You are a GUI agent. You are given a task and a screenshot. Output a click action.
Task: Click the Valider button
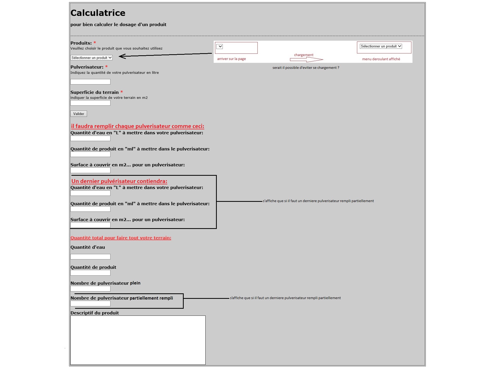pyautogui.click(x=78, y=114)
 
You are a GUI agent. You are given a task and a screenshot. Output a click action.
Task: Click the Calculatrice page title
pyautogui.click(x=98, y=13)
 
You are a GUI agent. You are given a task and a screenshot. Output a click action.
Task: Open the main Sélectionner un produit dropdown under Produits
pyautogui.click(x=91, y=58)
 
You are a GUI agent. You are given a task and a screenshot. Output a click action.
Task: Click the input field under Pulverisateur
pyautogui.click(x=90, y=82)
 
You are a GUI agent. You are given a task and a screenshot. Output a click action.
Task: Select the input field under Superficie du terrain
pyautogui.click(x=90, y=103)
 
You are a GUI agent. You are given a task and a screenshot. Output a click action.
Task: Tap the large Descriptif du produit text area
pyautogui.click(x=138, y=340)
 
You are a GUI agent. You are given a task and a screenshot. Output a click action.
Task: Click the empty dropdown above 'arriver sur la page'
pyautogui.click(x=220, y=47)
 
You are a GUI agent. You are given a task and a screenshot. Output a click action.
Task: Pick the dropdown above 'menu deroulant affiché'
pyautogui.click(x=381, y=46)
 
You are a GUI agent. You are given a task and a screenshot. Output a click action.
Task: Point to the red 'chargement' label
pyautogui.click(x=304, y=55)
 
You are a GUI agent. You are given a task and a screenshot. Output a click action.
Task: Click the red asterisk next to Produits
pyautogui.click(x=95, y=43)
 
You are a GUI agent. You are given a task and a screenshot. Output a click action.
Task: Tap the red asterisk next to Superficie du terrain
pyautogui.click(x=122, y=92)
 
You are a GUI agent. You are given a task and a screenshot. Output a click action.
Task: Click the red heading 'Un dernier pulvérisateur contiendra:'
pyautogui.click(x=119, y=181)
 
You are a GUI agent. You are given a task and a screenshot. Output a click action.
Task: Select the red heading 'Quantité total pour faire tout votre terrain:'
pyautogui.click(x=121, y=238)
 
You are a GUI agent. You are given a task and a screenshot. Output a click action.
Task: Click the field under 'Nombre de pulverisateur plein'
pyautogui.click(x=90, y=289)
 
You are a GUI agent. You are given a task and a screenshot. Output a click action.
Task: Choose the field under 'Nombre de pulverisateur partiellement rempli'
pyautogui.click(x=90, y=304)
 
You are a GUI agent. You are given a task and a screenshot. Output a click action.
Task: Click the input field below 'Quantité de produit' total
pyautogui.click(x=90, y=273)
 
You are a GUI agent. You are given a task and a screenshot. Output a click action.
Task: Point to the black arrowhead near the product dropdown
pyautogui.click(x=122, y=56)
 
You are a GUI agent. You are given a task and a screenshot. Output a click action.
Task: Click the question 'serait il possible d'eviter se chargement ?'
pyautogui.click(x=306, y=68)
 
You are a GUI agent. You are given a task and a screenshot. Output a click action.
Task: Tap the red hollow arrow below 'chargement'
pyautogui.click(x=306, y=60)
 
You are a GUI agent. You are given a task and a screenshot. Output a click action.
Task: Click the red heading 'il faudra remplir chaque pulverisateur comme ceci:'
pyautogui.click(x=138, y=126)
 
